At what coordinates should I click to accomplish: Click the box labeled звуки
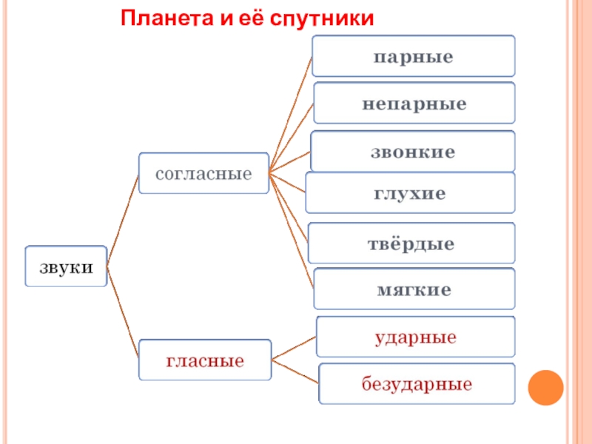(x=67, y=266)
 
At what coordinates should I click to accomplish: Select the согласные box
(x=203, y=174)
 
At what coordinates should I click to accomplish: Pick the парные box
(x=413, y=56)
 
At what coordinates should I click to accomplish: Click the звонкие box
(x=412, y=152)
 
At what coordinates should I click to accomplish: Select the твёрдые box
(x=411, y=243)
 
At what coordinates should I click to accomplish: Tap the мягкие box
(x=414, y=289)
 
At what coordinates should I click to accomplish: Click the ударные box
(x=415, y=337)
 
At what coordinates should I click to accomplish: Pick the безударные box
(x=417, y=383)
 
